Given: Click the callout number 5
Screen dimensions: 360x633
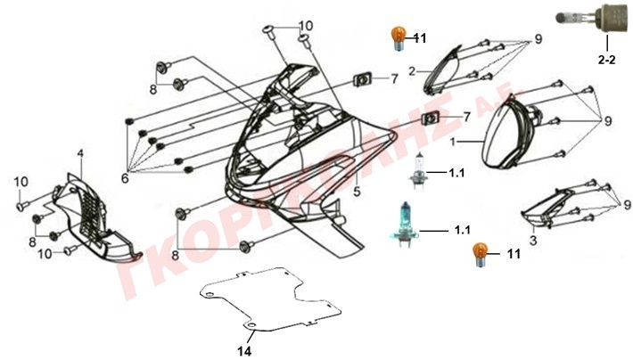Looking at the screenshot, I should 356,192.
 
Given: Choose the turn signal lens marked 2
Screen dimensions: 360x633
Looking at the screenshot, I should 443,69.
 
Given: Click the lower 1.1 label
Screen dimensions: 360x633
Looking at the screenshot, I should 462,231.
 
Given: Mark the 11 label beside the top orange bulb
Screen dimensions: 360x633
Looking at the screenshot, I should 420,37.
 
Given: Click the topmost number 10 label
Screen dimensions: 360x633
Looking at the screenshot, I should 306,25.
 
